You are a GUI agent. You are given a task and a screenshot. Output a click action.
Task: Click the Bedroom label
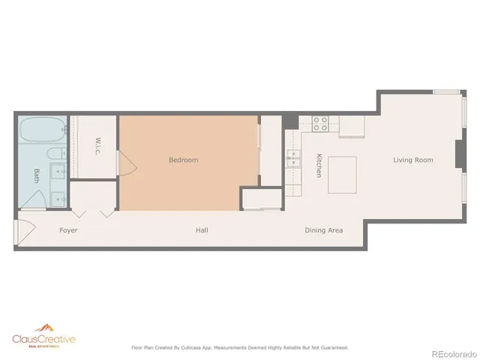pos(183,160)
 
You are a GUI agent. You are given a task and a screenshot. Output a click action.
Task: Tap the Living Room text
pos(413,160)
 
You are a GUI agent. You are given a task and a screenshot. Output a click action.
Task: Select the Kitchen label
pos(319,165)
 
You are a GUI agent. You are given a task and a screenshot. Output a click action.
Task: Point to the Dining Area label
pos(324,230)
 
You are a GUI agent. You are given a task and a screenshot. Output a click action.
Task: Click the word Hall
pos(202,230)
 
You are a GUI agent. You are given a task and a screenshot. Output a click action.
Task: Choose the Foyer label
pos(68,230)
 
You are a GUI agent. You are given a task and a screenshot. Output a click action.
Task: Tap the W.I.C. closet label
pos(97,145)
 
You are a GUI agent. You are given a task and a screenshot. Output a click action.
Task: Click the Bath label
pos(36,175)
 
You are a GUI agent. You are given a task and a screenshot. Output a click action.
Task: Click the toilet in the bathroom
pos(55,154)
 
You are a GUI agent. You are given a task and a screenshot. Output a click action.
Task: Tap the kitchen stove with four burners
pos(321,123)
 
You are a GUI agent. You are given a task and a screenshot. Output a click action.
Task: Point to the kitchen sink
pos(292,159)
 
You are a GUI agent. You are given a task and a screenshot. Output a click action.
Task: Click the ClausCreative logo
pos(43,340)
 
